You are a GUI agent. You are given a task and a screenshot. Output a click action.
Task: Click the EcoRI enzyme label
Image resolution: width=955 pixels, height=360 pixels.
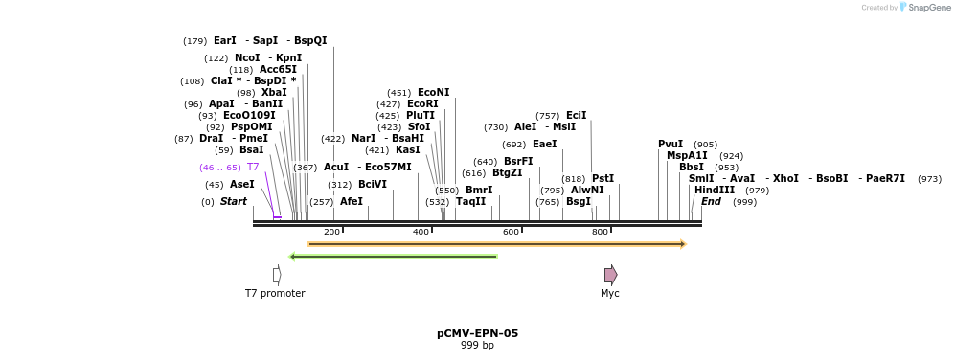pos(422,103)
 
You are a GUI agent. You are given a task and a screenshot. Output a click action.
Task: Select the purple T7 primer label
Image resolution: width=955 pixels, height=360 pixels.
pos(253,167)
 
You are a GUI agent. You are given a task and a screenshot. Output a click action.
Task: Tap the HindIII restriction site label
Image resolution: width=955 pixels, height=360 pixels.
pos(715,190)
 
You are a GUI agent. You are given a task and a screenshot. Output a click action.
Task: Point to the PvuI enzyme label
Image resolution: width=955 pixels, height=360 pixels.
pos(671,144)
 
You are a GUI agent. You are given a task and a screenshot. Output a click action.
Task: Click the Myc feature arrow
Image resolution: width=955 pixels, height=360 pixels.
pos(610,275)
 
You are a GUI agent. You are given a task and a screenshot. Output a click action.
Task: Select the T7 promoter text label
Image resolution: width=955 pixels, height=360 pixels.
pos(275,293)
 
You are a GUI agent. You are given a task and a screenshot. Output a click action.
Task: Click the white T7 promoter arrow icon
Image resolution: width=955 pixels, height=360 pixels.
pos(277,275)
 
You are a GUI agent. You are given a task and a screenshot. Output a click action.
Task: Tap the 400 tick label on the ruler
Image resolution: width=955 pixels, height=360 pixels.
pos(421,232)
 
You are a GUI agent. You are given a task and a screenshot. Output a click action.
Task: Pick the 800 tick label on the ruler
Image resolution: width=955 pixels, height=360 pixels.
pos(601,232)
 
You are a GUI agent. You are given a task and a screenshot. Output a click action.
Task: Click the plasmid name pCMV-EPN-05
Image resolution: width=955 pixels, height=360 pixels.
pos(477,333)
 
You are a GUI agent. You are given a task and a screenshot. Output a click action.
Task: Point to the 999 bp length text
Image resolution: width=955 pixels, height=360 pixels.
pos(477,345)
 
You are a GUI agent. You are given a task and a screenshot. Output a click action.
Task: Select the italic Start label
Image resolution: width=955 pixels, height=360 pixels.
pos(234,201)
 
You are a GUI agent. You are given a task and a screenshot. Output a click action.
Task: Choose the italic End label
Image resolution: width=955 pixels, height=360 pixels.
pos(711,201)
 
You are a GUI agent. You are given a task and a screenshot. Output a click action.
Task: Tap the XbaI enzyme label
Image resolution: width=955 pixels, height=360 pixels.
pos(274,92)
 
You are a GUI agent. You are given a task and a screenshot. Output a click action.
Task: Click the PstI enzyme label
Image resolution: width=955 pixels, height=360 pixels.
pos(603,178)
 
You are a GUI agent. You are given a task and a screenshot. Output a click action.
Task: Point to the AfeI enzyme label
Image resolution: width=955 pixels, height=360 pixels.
pos(352,201)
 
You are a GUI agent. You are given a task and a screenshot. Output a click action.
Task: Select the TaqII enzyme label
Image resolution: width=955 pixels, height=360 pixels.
pos(470,201)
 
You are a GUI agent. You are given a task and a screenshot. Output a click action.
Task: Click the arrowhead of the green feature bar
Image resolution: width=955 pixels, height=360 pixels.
pos(293,257)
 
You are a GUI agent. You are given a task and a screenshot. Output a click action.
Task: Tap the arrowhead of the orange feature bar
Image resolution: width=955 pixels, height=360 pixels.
pos(682,244)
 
